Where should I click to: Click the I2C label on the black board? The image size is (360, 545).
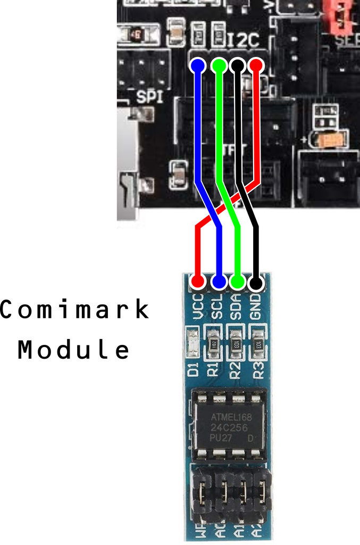243,40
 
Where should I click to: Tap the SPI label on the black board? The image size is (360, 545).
149,97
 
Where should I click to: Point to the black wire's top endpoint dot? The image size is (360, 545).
237,65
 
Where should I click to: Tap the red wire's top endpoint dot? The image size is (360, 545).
256,65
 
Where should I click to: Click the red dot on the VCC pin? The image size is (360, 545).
198,280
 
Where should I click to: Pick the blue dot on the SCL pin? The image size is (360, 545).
218,281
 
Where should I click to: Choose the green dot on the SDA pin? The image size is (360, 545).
237,281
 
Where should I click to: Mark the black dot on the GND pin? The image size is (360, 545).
256,281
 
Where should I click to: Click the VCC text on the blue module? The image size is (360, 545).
198,307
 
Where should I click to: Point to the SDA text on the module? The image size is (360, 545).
237,307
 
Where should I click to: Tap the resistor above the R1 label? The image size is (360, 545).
214,343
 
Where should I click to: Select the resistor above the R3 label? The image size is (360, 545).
258,343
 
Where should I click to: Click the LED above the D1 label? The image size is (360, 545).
194,343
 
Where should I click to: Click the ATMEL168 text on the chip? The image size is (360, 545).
231,417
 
